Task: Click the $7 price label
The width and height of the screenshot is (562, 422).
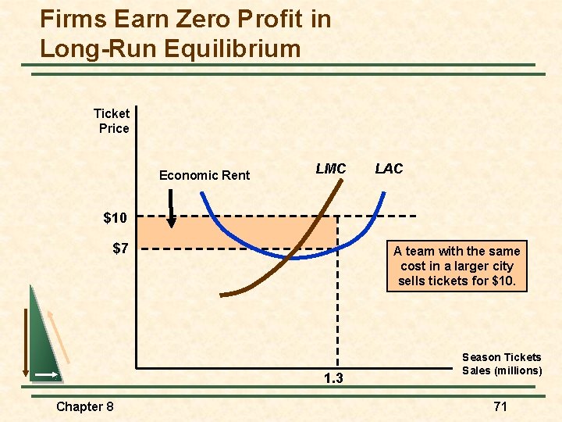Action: (x=119, y=249)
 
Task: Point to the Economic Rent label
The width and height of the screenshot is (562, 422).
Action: (x=205, y=175)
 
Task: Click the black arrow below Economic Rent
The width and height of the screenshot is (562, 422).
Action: (x=172, y=214)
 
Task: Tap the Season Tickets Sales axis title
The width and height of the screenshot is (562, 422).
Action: (x=501, y=363)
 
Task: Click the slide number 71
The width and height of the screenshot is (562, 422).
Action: (x=500, y=406)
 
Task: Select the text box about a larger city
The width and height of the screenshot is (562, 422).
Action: (x=457, y=266)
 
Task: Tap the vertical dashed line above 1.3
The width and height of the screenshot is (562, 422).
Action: (x=337, y=313)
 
